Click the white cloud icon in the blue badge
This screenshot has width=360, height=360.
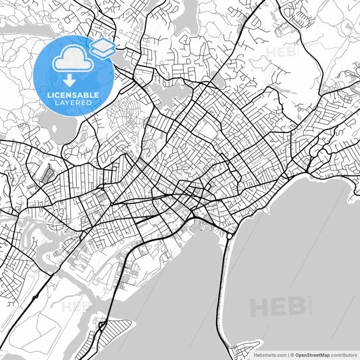point(70,60)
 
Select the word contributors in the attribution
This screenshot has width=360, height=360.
point(342,354)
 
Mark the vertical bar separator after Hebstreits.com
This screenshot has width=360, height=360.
point(287,354)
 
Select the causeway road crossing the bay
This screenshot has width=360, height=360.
point(221,290)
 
